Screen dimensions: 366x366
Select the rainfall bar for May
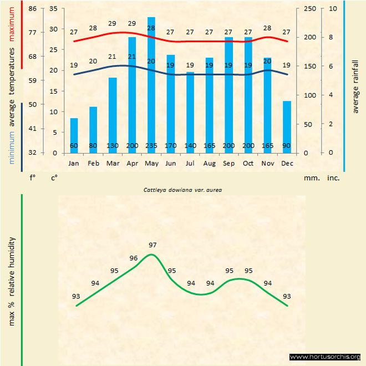tap(151, 83)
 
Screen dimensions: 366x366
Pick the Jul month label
tap(190, 164)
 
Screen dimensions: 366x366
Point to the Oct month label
tap(248, 164)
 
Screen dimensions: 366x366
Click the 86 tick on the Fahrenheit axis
tap(32, 9)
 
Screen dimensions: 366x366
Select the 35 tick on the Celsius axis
tap(53, 9)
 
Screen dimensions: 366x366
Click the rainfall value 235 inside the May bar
tap(151, 146)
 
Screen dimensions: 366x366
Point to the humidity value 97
tap(153, 245)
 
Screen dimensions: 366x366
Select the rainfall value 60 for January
tap(74, 146)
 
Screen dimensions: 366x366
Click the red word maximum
tap(12, 23)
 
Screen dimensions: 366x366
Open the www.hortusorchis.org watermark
tap(325, 357)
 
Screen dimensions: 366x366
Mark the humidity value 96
tap(134, 258)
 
